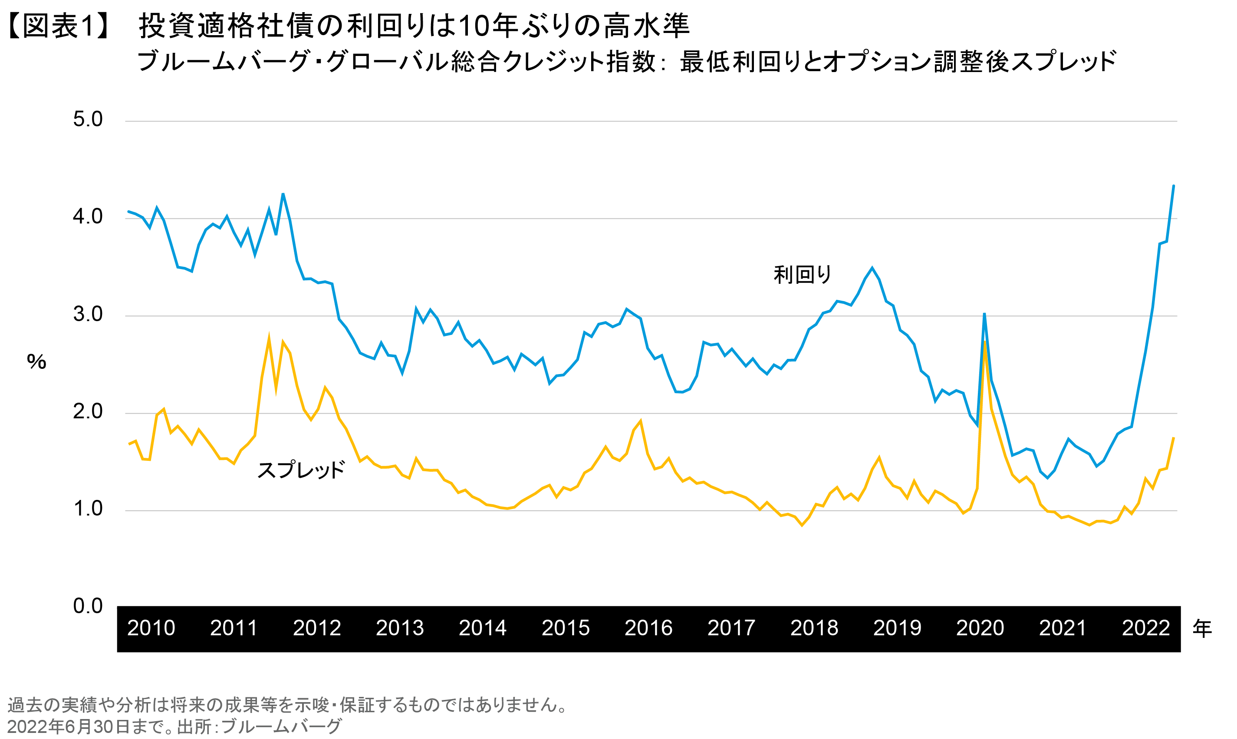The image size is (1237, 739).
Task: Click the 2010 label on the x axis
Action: click(x=151, y=628)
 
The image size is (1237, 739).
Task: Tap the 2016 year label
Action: click(x=648, y=628)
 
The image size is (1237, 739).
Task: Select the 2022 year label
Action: click(x=1145, y=628)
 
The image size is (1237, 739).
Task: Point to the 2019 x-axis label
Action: click(x=897, y=628)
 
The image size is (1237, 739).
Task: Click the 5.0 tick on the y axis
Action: click(x=88, y=119)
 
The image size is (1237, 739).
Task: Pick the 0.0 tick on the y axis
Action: click(x=88, y=606)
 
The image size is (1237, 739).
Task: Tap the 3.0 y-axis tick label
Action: click(x=88, y=314)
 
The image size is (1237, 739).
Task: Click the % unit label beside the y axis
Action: click(x=36, y=362)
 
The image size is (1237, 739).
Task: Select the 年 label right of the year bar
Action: click(x=1202, y=629)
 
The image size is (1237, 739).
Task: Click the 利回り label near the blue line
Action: click(x=802, y=274)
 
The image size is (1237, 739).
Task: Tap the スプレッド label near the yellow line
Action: click(x=301, y=470)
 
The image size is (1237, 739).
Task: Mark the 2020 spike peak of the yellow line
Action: click(x=984, y=342)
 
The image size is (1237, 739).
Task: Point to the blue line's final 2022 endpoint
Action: click(x=1174, y=186)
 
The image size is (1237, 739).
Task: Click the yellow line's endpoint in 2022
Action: click(x=1174, y=438)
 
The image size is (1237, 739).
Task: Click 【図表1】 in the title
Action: click(x=59, y=26)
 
